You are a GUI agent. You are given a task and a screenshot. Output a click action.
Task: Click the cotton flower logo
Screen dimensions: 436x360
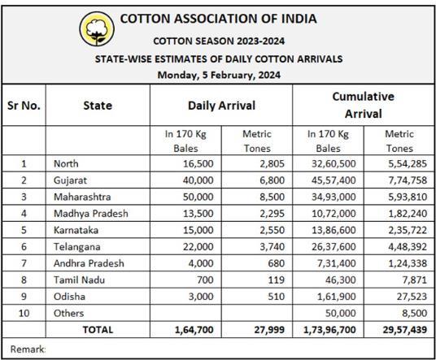point(97,28)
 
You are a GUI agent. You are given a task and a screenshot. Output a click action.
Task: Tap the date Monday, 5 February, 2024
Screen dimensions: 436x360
point(219,75)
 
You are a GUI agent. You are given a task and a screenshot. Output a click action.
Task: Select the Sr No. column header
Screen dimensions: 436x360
point(24,106)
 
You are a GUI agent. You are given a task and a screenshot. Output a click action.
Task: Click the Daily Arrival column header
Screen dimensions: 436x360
point(221,106)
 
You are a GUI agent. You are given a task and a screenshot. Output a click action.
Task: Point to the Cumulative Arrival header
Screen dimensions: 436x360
point(364,105)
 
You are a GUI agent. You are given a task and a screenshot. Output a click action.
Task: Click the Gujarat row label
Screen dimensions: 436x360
point(70,180)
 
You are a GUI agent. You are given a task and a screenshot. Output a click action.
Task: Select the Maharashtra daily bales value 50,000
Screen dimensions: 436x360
point(198,197)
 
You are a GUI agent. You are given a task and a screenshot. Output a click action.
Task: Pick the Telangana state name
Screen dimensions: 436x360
point(77,247)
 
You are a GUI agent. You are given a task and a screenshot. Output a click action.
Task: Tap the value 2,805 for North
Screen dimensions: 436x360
point(272,163)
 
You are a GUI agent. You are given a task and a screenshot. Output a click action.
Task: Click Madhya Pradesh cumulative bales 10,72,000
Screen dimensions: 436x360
point(334,214)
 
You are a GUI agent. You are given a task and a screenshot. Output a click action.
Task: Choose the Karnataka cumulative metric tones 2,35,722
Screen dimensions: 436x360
point(408,230)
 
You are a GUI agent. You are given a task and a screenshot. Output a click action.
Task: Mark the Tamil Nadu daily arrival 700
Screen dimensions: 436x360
point(205,280)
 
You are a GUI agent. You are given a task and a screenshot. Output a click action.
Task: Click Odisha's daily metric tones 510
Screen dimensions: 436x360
point(277,297)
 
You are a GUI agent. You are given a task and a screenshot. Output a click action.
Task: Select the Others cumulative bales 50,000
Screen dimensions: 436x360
point(341,313)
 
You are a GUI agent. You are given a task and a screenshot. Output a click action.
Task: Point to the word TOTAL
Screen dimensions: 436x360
point(98,330)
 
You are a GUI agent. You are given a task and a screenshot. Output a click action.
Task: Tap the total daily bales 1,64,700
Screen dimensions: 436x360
point(194,330)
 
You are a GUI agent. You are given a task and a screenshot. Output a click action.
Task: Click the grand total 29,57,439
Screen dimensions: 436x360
point(405,330)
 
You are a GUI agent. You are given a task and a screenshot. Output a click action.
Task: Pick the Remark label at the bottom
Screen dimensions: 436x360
point(28,349)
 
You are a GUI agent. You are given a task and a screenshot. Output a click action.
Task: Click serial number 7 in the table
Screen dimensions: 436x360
point(24,263)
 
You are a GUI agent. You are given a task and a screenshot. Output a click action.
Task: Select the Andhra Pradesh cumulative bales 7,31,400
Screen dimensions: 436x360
point(337,263)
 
